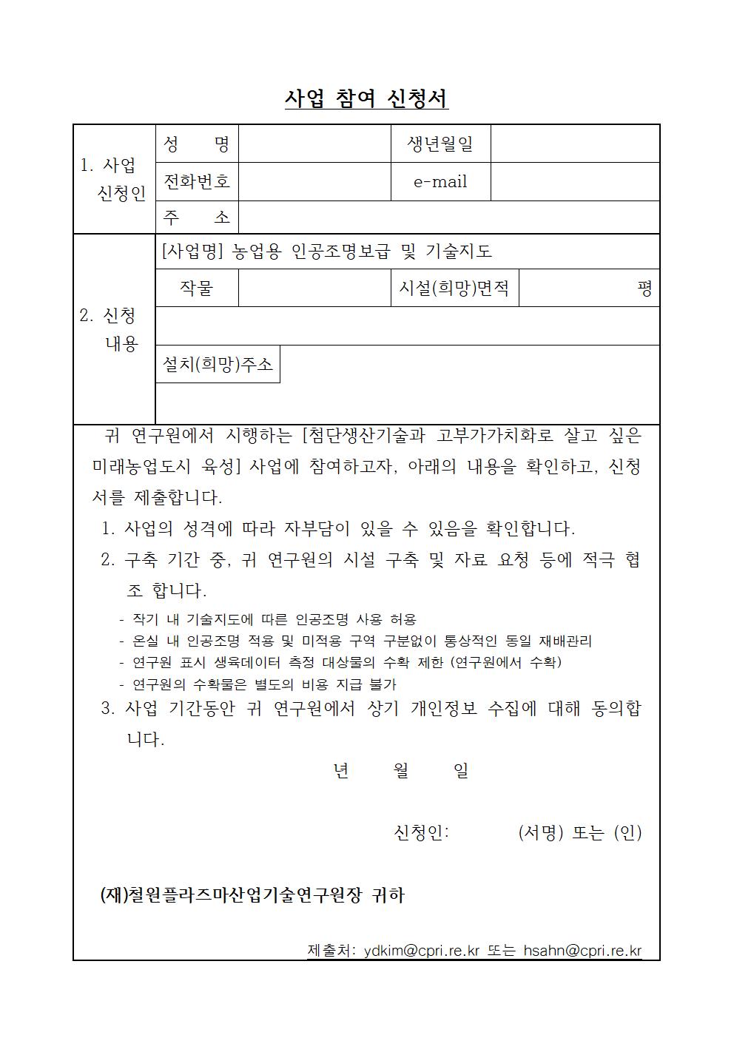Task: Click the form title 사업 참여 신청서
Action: (366, 98)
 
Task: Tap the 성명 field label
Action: (196, 144)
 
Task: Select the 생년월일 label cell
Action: (440, 144)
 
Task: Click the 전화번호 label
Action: (196, 181)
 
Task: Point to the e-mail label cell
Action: (440, 181)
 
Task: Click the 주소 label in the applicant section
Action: (196, 218)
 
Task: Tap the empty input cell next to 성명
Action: (314, 144)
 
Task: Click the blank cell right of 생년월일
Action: (575, 144)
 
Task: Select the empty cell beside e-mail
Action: (575, 181)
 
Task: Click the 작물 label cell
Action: (196, 288)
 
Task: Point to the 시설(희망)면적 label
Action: (454, 288)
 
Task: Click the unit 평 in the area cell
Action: (644, 289)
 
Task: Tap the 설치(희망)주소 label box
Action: (218, 364)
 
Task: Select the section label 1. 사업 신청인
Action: (113, 179)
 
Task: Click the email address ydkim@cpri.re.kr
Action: (422, 951)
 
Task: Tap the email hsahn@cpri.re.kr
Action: (582, 951)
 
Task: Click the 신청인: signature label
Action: (421, 832)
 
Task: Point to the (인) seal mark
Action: (627, 832)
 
